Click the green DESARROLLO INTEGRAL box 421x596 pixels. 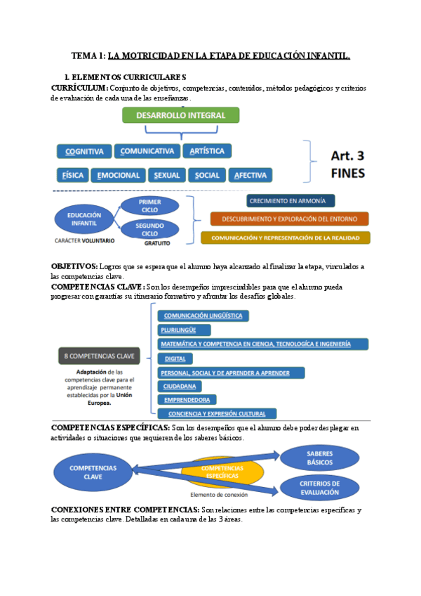(x=181, y=115)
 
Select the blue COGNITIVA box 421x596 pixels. (x=84, y=151)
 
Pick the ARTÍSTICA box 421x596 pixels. (x=207, y=151)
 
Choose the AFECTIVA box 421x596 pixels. (x=250, y=175)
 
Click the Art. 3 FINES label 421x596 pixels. (x=347, y=163)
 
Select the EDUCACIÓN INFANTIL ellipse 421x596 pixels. (x=84, y=219)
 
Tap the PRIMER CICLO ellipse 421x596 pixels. (x=149, y=205)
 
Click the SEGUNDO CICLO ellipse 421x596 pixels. (x=149, y=229)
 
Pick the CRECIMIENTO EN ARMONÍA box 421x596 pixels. (x=272, y=201)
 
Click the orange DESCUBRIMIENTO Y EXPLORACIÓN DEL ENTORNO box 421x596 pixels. (x=289, y=219)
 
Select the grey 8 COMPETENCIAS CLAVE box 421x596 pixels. (x=98, y=355)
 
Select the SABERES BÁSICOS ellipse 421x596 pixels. (x=319, y=458)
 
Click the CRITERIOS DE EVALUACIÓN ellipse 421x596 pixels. (x=319, y=488)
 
